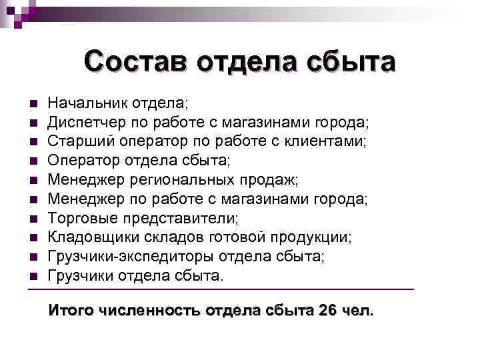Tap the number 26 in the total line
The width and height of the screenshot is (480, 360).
[x=328, y=310]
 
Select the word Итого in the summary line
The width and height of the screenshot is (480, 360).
[x=70, y=310]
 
